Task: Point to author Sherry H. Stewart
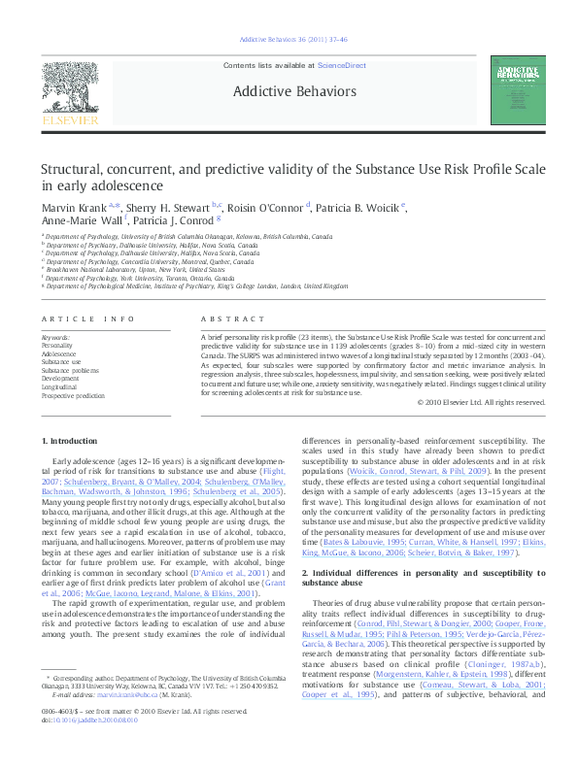169,207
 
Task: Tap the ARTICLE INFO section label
87,318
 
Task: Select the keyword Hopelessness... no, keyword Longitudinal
59,387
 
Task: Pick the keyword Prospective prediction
73,396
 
